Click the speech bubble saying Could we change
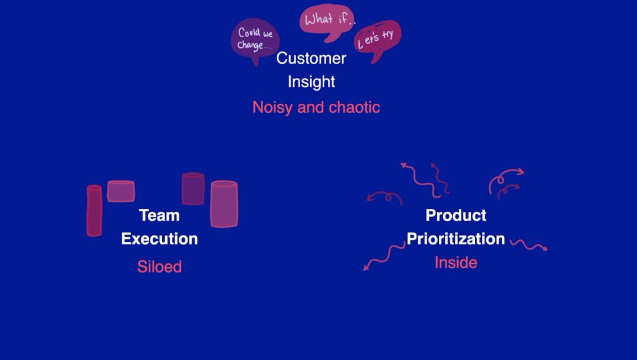tap(254, 40)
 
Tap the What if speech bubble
tap(327, 21)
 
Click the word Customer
tap(311, 58)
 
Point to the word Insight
tap(311, 81)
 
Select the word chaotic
tap(354, 107)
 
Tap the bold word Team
tap(159, 215)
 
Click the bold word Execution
tap(159, 239)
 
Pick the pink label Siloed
tap(159, 267)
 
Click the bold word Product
tap(456, 215)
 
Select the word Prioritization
tap(456, 239)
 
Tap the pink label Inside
tap(456, 263)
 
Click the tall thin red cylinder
tap(94, 211)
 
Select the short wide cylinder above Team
tap(121, 191)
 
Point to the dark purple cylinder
tap(193, 188)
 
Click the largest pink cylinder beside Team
tap(224, 204)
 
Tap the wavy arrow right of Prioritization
tap(529, 244)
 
